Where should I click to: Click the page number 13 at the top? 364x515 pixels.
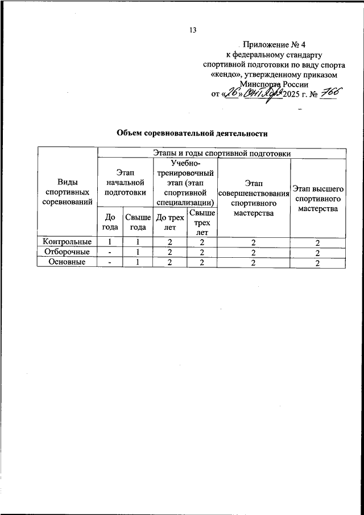tap(192, 31)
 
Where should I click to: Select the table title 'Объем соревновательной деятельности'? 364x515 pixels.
tap(192, 133)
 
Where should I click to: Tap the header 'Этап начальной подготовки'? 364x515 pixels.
tap(125, 182)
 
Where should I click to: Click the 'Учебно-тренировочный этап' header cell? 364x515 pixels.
tap(184, 182)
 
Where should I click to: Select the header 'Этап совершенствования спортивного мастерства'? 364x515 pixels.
tap(253, 198)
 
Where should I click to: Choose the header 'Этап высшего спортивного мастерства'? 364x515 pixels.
tap(318, 198)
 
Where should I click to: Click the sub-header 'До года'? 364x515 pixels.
tap(110, 221)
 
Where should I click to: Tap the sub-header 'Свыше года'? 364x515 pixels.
tap(137, 221)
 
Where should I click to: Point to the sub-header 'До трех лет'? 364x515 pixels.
tap(169, 221)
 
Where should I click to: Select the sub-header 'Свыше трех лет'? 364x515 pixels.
tap(202, 222)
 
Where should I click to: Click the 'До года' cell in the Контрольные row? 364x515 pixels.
tap(110, 242)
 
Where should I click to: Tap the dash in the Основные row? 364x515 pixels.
tap(110, 262)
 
